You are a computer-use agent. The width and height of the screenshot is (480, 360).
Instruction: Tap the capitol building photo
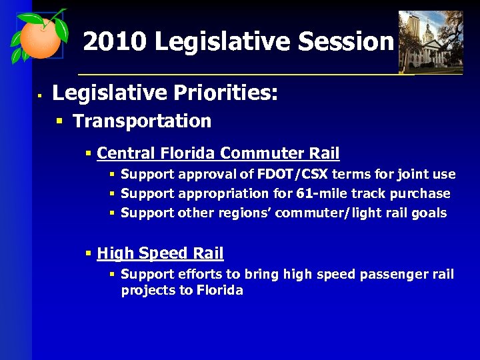click(x=430, y=41)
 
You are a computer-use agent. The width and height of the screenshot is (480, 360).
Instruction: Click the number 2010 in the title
click(x=113, y=42)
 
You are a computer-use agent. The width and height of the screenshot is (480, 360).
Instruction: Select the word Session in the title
click(x=346, y=42)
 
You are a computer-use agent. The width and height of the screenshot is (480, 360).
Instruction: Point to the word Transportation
click(x=141, y=121)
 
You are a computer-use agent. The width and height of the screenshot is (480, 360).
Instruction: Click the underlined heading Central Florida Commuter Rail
click(x=218, y=153)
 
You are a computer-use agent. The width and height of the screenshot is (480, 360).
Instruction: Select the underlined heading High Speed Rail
click(x=160, y=253)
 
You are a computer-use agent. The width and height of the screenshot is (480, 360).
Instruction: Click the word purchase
click(x=419, y=194)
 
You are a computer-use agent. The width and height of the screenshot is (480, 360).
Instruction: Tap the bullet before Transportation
click(x=59, y=121)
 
